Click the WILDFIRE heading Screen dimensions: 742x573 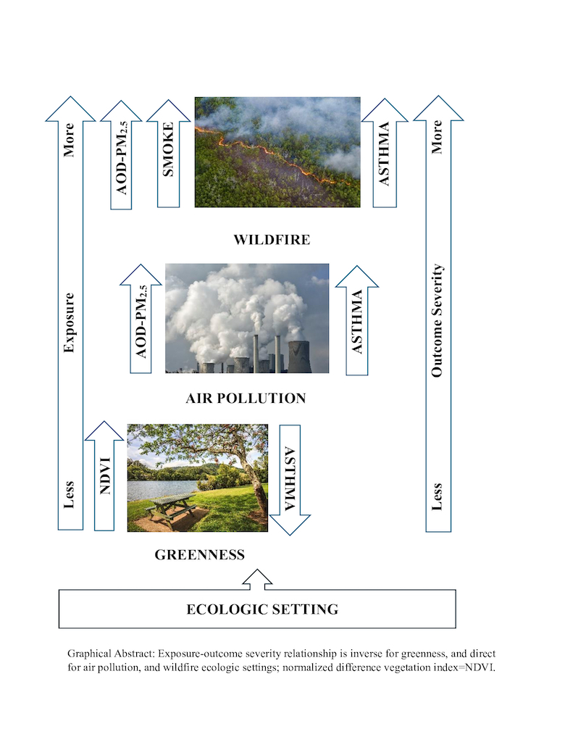272,239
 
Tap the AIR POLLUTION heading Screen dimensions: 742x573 246,398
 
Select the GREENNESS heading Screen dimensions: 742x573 199,556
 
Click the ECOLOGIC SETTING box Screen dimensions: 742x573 257,609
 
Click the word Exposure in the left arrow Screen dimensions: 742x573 70,322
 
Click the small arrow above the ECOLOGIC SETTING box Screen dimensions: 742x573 257,578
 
